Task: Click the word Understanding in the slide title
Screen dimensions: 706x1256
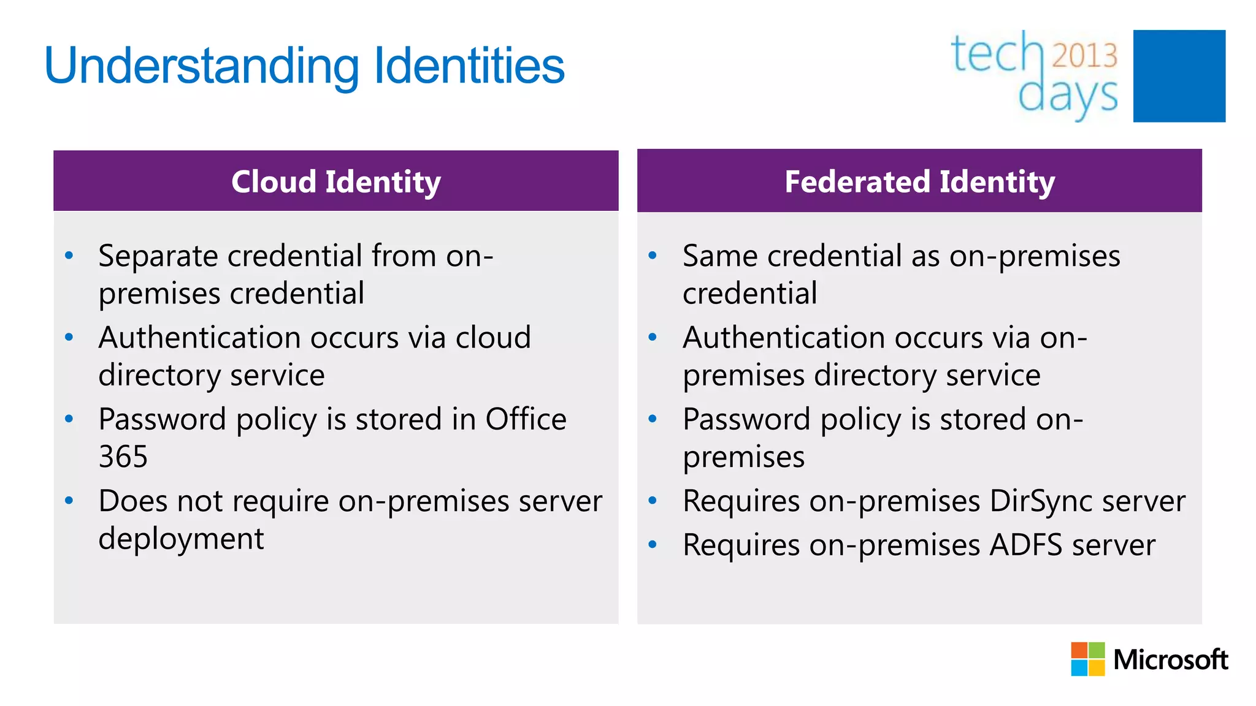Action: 202,66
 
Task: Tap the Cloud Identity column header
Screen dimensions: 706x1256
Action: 336,181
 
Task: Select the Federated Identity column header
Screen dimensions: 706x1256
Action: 919,181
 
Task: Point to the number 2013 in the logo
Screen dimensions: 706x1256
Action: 1085,55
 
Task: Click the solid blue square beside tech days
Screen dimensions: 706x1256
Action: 1179,76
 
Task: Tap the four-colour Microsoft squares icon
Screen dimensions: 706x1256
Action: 1087,659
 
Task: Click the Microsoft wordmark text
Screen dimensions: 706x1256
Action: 1170,659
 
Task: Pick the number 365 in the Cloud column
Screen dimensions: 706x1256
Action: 123,457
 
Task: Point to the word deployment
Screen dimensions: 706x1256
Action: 181,539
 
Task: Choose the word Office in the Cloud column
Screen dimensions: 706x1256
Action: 526,419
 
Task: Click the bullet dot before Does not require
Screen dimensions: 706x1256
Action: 69,501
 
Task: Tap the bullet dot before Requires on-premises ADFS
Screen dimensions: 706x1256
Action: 653,544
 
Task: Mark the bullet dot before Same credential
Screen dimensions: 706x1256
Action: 653,255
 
